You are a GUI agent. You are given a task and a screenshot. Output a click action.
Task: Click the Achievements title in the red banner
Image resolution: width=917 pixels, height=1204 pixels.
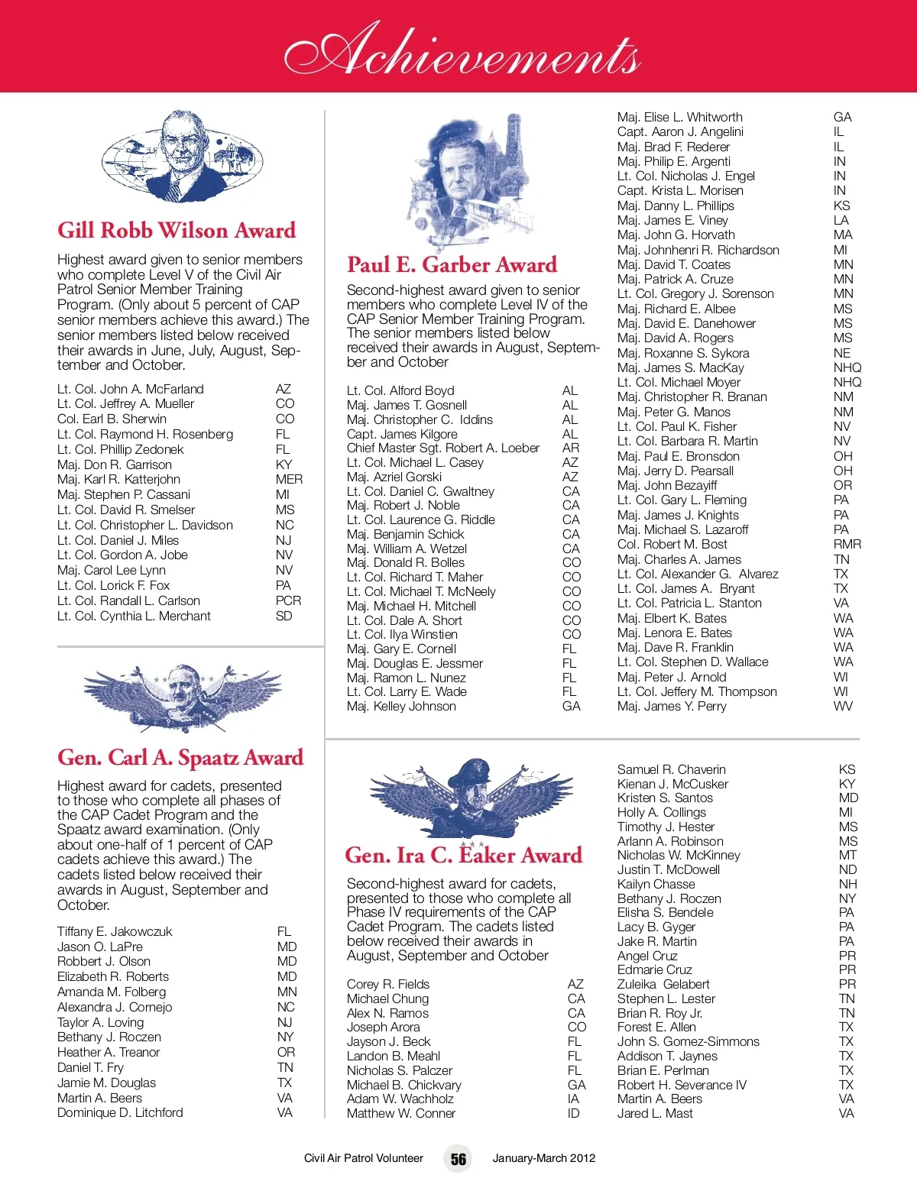click(x=462, y=50)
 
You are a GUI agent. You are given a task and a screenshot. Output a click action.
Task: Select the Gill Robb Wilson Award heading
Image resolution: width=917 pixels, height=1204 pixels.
click(x=177, y=230)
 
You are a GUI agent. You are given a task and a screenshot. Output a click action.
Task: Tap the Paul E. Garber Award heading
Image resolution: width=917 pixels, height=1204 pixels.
click(x=452, y=264)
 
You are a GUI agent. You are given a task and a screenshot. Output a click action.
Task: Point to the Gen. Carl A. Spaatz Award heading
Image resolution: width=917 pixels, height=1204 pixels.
click(x=180, y=757)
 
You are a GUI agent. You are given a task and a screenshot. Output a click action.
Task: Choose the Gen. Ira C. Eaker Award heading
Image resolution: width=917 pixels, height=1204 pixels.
click(x=463, y=855)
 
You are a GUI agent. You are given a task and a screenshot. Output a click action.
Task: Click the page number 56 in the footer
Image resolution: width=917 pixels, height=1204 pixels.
click(x=458, y=1159)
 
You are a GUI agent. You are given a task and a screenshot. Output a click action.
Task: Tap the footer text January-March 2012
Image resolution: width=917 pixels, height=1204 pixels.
click(x=543, y=1158)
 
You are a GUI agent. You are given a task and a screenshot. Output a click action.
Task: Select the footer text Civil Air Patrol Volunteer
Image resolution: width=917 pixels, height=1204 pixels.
click(x=363, y=1158)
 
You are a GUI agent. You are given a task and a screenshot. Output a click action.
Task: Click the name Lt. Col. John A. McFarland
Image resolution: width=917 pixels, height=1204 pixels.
click(x=131, y=389)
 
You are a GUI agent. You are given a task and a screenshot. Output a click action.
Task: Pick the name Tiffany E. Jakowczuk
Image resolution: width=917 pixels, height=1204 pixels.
click(x=115, y=931)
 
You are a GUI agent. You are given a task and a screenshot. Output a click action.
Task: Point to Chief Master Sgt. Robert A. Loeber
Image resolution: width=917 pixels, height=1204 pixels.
click(x=443, y=448)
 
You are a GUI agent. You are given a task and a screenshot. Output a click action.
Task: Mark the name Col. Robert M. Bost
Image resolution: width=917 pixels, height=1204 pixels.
click(x=672, y=544)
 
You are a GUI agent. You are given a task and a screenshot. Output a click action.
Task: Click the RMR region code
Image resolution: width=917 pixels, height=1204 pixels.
click(x=847, y=544)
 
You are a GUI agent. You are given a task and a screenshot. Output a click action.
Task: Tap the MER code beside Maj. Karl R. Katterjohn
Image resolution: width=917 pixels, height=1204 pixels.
click(x=289, y=479)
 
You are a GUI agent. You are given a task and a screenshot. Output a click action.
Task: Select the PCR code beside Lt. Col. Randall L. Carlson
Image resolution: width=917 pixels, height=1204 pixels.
click(x=288, y=600)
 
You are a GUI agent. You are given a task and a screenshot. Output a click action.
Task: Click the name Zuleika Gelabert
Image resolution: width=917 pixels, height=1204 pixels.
click(x=663, y=984)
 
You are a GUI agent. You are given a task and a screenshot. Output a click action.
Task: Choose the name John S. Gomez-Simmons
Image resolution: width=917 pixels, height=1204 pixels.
click(x=688, y=1041)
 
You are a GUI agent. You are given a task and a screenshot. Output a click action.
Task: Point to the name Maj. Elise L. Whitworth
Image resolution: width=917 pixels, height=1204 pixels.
click(x=679, y=117)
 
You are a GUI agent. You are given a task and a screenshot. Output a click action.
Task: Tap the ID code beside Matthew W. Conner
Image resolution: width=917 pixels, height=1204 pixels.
click(x=573, y=1113)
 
